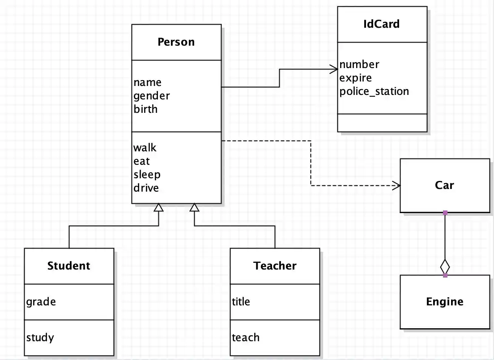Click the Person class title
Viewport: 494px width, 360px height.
pyautogui.click(x=176, y=42)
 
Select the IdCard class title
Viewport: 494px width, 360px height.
pyautogui.click(x=382, y=24)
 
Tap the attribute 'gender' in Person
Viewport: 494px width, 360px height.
pyautogui.click(x=151, y=96)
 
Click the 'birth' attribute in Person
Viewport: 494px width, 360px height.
pyautogui.click(x=145, y=109)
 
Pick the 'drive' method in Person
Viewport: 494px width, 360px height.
pyautogui.click(x=146, y=188)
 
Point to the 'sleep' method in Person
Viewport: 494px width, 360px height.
pyautogui.click(x=147, y=174)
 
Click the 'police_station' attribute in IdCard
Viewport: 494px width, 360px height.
pyautogui.click(x=374, y=91)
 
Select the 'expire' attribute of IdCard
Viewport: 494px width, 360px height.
pyautogui.click(x=355, y=78)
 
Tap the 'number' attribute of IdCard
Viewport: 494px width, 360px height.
pyautogui.click(x=359, y=64)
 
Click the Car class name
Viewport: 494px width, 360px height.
pyautogui.click(x=444, y=185)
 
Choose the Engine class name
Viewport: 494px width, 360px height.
pyautogui.click(x=444, y=302)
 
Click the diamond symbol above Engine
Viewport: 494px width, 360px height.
pyautogui.click(x=445, y=266)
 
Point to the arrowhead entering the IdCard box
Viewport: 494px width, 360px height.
pyautogui.click(x=334, y=69)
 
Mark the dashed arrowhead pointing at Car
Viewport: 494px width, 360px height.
pyautogui.click(x=396, y=185)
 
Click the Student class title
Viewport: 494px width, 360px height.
pyautogui.click(x=68, y=266)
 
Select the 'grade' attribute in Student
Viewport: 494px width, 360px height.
pyautogui.click(x=41, y=302)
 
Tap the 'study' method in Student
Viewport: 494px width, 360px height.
pyautogui.click(x=40, y=338)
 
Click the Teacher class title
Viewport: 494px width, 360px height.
pyautogui.click(x=275, y=266)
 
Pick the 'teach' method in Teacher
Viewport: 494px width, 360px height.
pyautogui.click(x=245, y=338)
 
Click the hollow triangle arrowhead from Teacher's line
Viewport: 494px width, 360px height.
pyautogui.click(x=194, y=207)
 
